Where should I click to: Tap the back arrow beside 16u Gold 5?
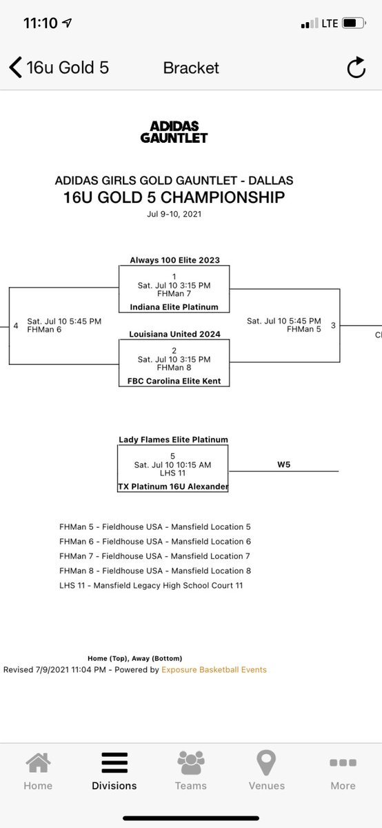tap(16, 68)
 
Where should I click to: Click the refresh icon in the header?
tap(356, 68)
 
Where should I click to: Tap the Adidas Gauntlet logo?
tap(174, 132)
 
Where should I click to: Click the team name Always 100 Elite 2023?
tap(174, 260)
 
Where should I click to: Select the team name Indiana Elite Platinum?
tap(174, 307)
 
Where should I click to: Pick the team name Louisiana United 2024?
tap(174, 334)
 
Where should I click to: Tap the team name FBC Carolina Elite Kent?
tap(174, 381)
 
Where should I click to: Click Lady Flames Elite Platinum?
tap(173, 440)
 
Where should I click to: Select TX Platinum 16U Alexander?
tap(173, 486)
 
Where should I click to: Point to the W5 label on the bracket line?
tap(283, 464)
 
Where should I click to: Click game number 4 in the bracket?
tap(16, 326)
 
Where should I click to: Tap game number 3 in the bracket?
tap(333, 325)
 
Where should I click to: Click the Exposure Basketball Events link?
tap(214, 669)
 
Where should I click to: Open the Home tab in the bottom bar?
tap(38, 771)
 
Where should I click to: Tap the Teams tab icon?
tap(190, 763)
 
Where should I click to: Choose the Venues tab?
tap(266, 771)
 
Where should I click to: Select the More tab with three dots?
tap(343, 771)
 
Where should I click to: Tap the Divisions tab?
tap(114, 771)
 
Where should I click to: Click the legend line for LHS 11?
tap(151, 585)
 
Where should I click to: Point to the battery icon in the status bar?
tap(354, 23)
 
